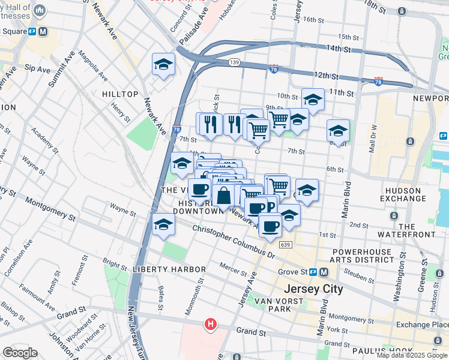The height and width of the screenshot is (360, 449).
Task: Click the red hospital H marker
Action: point(210,325)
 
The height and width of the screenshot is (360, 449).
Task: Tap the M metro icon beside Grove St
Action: point(324,272)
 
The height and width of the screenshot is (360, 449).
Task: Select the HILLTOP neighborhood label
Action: point(120,94)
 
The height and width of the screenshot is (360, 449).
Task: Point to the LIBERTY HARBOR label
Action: point(170,269)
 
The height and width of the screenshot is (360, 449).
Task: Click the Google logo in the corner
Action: point(20,353)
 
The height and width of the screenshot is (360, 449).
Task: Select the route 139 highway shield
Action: point(235,62)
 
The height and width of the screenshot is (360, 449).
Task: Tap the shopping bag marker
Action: point(223,196)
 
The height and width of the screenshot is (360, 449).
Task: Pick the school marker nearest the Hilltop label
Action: point(163,66)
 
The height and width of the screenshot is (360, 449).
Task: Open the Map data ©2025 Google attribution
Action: point(412,355)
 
